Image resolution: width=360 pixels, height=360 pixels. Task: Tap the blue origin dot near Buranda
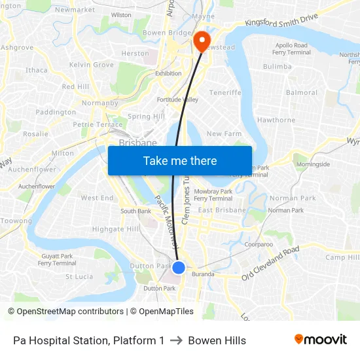[x=178, y=267]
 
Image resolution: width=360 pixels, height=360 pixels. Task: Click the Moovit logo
[x=320, y=340]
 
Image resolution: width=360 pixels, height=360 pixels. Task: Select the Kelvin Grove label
[x=92, y=65]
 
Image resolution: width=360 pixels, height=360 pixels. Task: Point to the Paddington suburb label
[x=56, y=112]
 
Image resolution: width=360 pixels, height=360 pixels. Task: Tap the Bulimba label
[x=277, y=67]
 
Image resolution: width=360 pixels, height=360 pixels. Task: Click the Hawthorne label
[x=276, y=120]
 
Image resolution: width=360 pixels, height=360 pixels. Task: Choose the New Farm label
[x=224, y=134]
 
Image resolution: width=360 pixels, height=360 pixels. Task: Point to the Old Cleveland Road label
[x=270, y=262]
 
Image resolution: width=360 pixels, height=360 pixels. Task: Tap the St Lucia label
[x=79, y=276]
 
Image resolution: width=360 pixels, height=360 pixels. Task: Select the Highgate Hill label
[x=115, y=229]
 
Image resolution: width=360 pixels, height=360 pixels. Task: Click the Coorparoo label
[x=259, y=244]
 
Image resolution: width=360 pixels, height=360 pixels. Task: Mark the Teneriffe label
[x=225, y=93]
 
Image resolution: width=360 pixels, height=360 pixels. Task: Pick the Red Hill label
[x=75, y=86]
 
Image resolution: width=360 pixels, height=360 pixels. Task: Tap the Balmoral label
[x=302, y=93]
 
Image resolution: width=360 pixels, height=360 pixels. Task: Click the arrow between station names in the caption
[x=176, y=340]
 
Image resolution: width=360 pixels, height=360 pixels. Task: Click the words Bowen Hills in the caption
[x=217, y=340]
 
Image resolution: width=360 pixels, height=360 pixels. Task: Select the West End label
[x=97, y=198]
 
